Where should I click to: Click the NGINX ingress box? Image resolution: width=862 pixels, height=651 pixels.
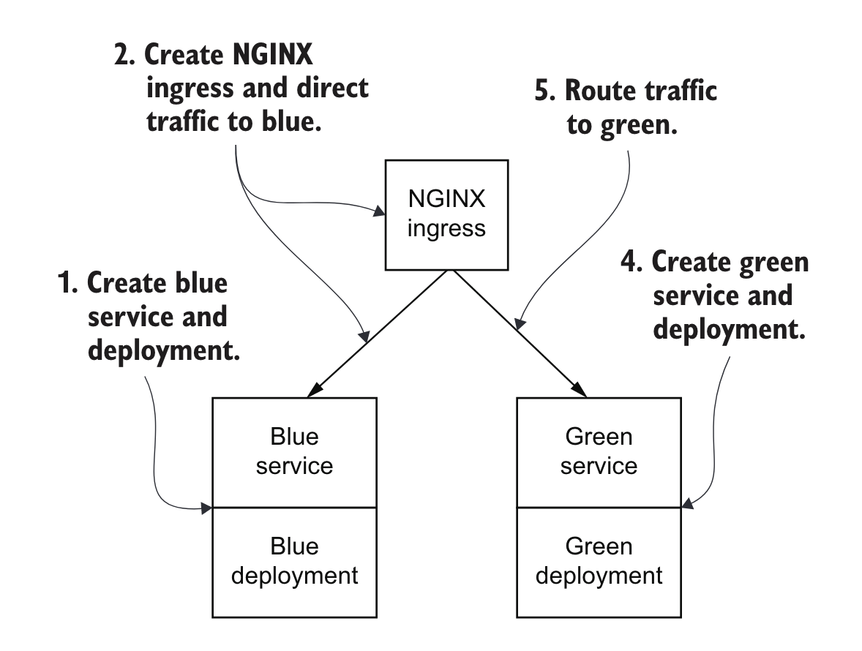pos(446,215)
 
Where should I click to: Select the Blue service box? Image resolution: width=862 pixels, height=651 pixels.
pos(294,452)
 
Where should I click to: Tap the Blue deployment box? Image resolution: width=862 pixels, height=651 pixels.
pos(294,562)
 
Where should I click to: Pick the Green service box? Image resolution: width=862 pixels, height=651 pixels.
pos(599,452)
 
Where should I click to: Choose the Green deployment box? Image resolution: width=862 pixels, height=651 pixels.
pos(599,562)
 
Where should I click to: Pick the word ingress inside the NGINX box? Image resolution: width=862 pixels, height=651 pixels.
pos(446,228)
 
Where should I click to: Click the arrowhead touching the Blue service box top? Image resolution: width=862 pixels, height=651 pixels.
pos(315,391)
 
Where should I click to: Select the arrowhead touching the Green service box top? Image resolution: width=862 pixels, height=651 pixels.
pos(580,391)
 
